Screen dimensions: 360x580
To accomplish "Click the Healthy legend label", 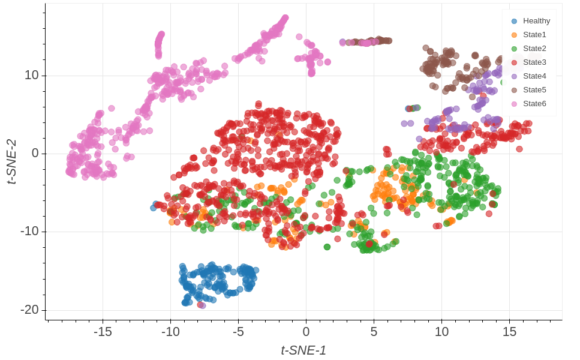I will click(x=536, y=21).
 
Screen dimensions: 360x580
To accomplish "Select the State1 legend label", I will click(x=534, y=35).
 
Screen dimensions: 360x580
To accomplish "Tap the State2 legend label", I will click(x=534, y=49).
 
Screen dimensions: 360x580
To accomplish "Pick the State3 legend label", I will click(x=534, y=62).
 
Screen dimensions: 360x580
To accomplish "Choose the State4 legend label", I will click(x=534, y=76).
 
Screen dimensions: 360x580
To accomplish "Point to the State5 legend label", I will click(x=534, y=90).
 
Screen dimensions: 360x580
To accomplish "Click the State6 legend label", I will click(x=534, y=104).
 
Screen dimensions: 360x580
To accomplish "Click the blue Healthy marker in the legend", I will click(x=513, y=21).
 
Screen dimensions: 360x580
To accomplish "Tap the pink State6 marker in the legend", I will click(x=513, y=104).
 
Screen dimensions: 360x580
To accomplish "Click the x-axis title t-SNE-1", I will click(x=303, y=350).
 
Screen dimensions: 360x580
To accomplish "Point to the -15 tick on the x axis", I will click(x=103, y=332).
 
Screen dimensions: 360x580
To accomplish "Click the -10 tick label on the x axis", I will click(x=170, y=332).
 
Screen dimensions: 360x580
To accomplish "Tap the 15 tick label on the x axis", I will click(x=509, y=332).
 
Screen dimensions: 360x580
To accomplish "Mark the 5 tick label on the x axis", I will click(x=374, y=332).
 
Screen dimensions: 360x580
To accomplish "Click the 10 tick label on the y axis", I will click(x=31, y=76).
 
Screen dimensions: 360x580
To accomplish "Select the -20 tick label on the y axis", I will click(x=29, y=310).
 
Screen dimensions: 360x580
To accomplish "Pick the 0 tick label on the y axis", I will click(x=35, y=154).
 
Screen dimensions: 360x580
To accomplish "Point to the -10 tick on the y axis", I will click(x=29, y=232).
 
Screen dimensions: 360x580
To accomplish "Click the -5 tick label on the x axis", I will click(x=238, y=332).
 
